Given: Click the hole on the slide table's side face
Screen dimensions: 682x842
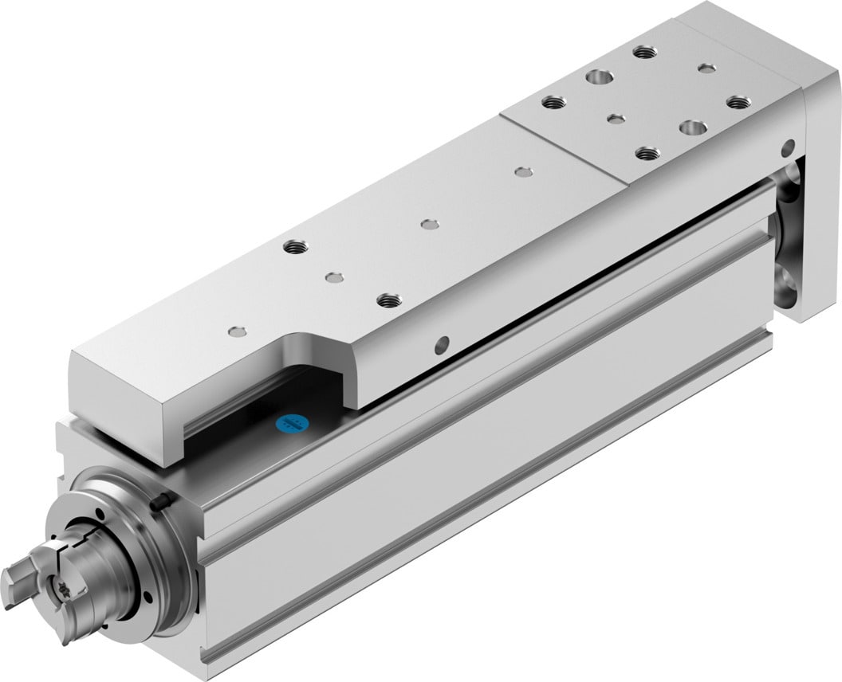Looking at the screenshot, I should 440,345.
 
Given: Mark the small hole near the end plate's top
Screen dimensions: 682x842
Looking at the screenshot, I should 789,147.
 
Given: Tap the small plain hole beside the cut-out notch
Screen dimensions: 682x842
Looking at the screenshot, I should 232,331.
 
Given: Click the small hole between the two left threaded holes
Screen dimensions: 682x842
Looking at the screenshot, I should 332,277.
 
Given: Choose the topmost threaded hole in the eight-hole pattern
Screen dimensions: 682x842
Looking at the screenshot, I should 643,53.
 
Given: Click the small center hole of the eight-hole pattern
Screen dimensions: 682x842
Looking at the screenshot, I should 613,120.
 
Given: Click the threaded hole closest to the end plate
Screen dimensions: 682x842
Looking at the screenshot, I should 739,101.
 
